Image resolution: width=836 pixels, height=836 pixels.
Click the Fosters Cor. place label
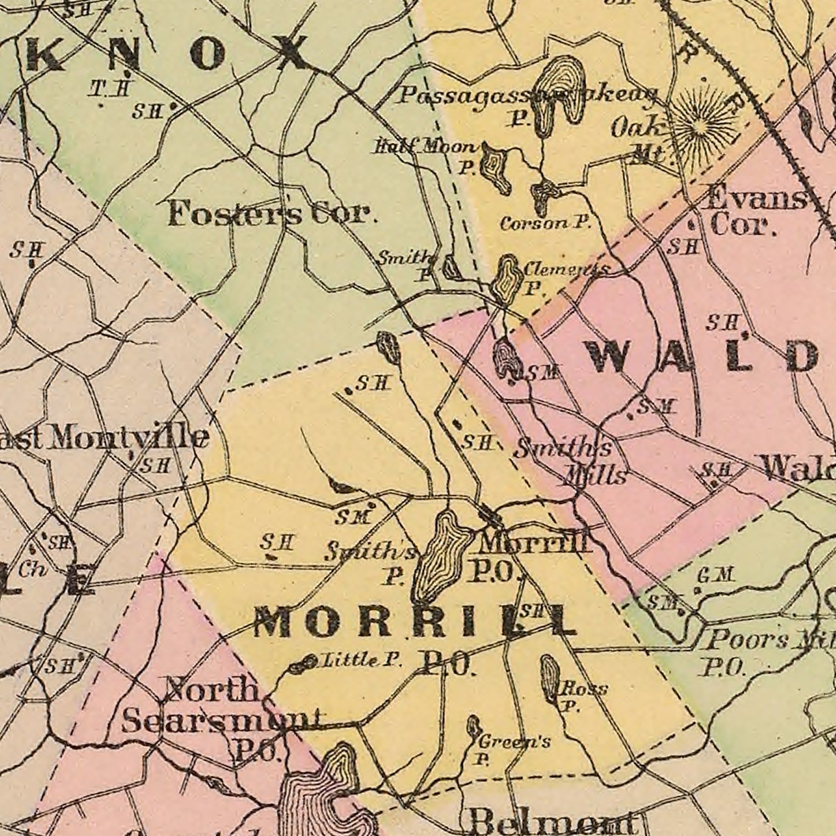click(270, 213)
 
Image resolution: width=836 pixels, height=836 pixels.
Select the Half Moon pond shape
click(494, 167)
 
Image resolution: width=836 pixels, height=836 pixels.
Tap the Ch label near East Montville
click(31, 570)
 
